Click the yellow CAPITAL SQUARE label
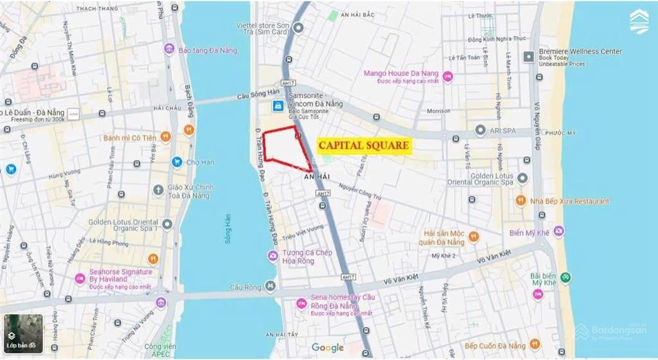point(364,146)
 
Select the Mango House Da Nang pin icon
point(447,76)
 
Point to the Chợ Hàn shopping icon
point(177,162)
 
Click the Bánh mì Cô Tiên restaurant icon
point(165,137)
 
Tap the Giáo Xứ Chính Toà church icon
point(159,190)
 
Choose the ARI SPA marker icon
point(479,130)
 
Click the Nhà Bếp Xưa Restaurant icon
point(520,201)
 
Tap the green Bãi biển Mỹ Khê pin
point(565,278)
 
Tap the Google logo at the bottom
point(328,348)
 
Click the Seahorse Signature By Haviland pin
point(80,278)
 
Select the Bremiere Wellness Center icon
point(529,57)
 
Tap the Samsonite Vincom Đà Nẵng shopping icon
point(277,105)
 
